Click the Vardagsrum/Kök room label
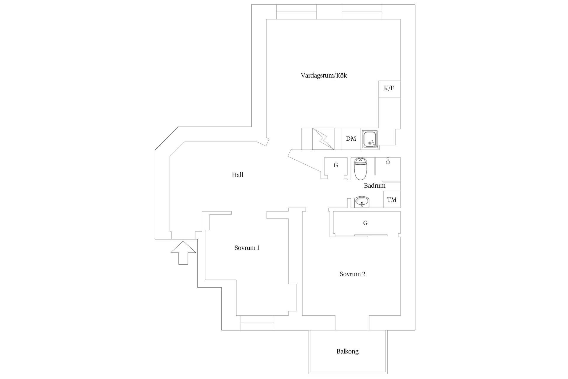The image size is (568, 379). point(324,76)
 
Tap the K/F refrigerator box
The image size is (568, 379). point(389,89)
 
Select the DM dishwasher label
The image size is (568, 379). point(351,139)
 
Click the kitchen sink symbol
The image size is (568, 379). point(369,139)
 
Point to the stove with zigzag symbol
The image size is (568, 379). point(323,139)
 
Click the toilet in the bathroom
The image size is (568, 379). point(361,169)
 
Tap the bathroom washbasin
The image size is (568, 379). point(362,202)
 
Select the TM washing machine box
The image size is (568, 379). point(392,199)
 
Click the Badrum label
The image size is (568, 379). point(375,186)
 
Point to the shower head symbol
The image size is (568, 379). point(388,161)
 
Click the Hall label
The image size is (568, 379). point(237,175)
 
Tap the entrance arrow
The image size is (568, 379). point(183,253)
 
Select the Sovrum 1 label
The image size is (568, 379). point(247,248)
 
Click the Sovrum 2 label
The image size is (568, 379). point(352,274)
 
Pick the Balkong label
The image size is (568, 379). point(347,351)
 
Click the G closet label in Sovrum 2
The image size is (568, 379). point(365,223)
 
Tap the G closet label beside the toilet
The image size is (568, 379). point(336,165)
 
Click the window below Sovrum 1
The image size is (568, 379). point(257,323)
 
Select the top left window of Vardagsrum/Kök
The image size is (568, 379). point(296,12)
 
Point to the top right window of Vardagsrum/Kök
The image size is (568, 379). point(362,12)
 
